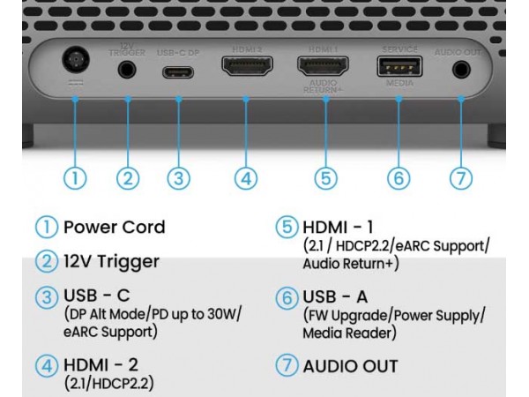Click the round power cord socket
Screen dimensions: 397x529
[77, 64]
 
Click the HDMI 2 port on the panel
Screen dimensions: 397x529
[246, 66]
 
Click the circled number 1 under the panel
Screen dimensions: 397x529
[77, 177]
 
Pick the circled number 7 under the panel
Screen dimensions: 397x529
[460, 177]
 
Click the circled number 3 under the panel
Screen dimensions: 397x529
[179, 177]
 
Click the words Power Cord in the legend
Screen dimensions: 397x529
[114, 227]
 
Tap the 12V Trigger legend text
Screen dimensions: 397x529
[111, 261]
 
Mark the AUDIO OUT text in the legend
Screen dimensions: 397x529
[350, 365]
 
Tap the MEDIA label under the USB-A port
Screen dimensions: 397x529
[399, 85]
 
